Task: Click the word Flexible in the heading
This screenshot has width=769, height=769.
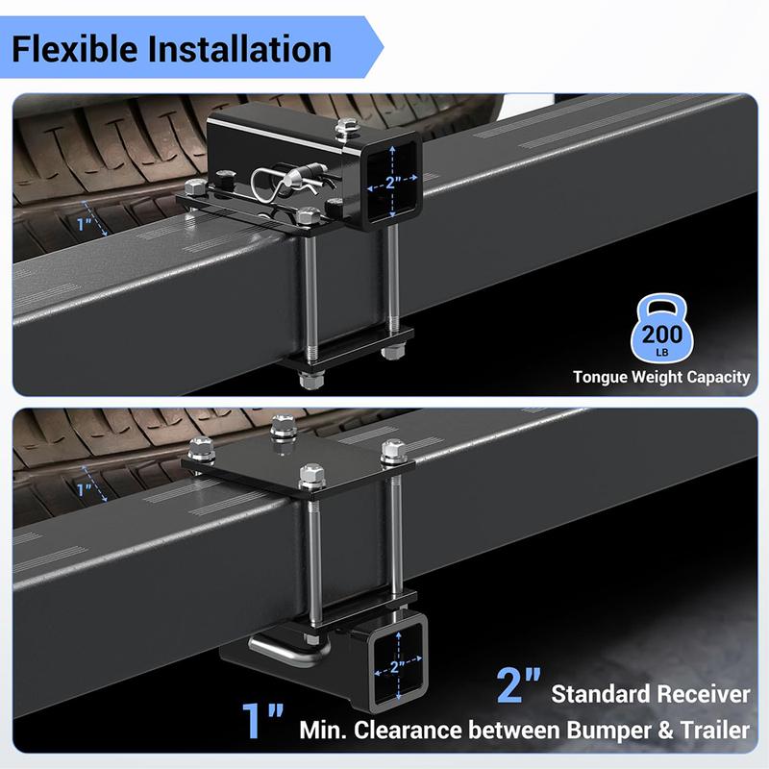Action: click(x=75, y=49)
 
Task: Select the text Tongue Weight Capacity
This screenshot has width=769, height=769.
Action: click(x=661, y=377)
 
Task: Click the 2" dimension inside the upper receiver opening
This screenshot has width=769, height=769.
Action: click(x=391, y=183)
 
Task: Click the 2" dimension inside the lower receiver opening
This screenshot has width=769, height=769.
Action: click(x=397, y=666)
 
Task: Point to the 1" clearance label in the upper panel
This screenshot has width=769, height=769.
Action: click(x=85, y=225)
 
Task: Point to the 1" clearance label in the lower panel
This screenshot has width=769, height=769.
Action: click(x=85, y=489)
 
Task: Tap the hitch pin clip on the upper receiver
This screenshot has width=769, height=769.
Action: click(x=289, y=183)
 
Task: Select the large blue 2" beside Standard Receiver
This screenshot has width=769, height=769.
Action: click(x=519, y=684)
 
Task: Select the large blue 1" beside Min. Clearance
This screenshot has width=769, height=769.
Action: click(x=262, y=720)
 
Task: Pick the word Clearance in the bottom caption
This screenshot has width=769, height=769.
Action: click(x=409, y=730)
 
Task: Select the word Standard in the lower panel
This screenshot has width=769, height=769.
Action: click(x=602, y=694)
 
